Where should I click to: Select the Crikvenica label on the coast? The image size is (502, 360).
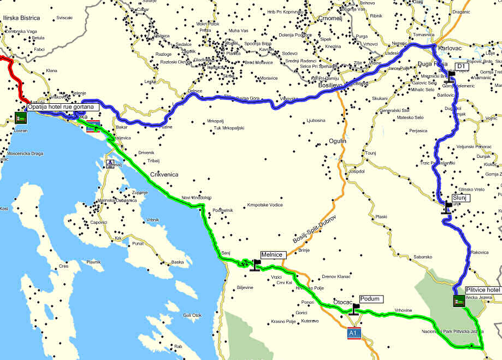[164, 174]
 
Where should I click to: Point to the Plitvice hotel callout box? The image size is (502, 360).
[483, 290]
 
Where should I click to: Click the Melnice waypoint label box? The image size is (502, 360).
[272, 255]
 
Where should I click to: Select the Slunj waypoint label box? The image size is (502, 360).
[459, 198]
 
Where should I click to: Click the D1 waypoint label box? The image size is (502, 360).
[460, 66]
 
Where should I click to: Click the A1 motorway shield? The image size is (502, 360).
[353, 333]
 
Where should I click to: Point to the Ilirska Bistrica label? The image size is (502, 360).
[21, 18]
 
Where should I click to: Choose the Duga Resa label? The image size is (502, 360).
[432, 63]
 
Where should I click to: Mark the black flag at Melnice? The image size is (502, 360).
[255, 265]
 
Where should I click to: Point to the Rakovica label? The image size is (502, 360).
[479, 252]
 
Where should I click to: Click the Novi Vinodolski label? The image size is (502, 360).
[196, 198]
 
